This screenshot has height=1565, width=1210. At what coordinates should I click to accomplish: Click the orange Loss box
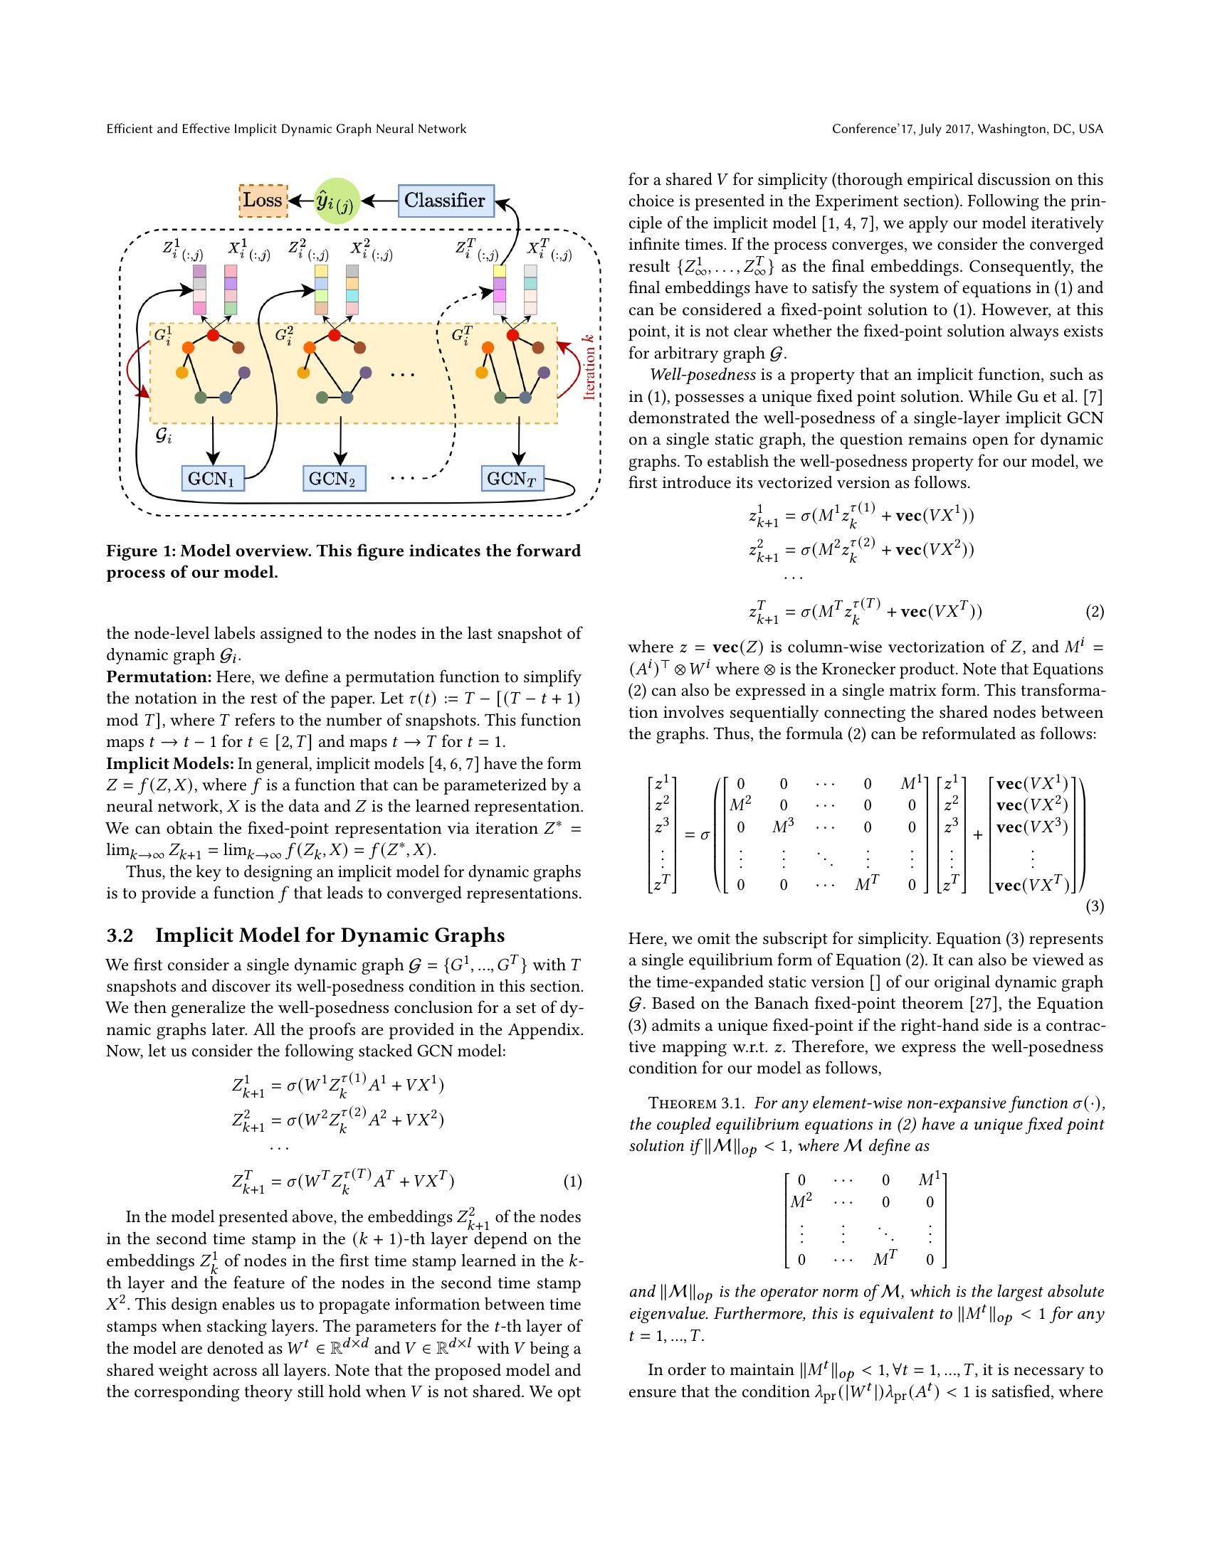point(263,200)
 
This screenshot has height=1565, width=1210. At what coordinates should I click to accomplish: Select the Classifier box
point(444,200)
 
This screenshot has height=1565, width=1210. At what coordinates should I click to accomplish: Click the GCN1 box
point(212,478)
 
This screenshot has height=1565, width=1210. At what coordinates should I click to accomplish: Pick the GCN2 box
point(333,478)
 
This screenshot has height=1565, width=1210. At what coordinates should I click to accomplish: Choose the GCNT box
point(512,478)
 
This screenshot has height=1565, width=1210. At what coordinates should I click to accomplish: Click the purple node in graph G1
point(244,373)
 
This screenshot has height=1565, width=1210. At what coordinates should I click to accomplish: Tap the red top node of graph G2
point(334,334)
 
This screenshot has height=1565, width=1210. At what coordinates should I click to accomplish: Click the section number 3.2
point(120,936)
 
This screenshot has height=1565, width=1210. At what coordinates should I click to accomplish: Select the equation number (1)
point(572,1182)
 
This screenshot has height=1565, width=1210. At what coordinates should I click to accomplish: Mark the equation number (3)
point(1095,906)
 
